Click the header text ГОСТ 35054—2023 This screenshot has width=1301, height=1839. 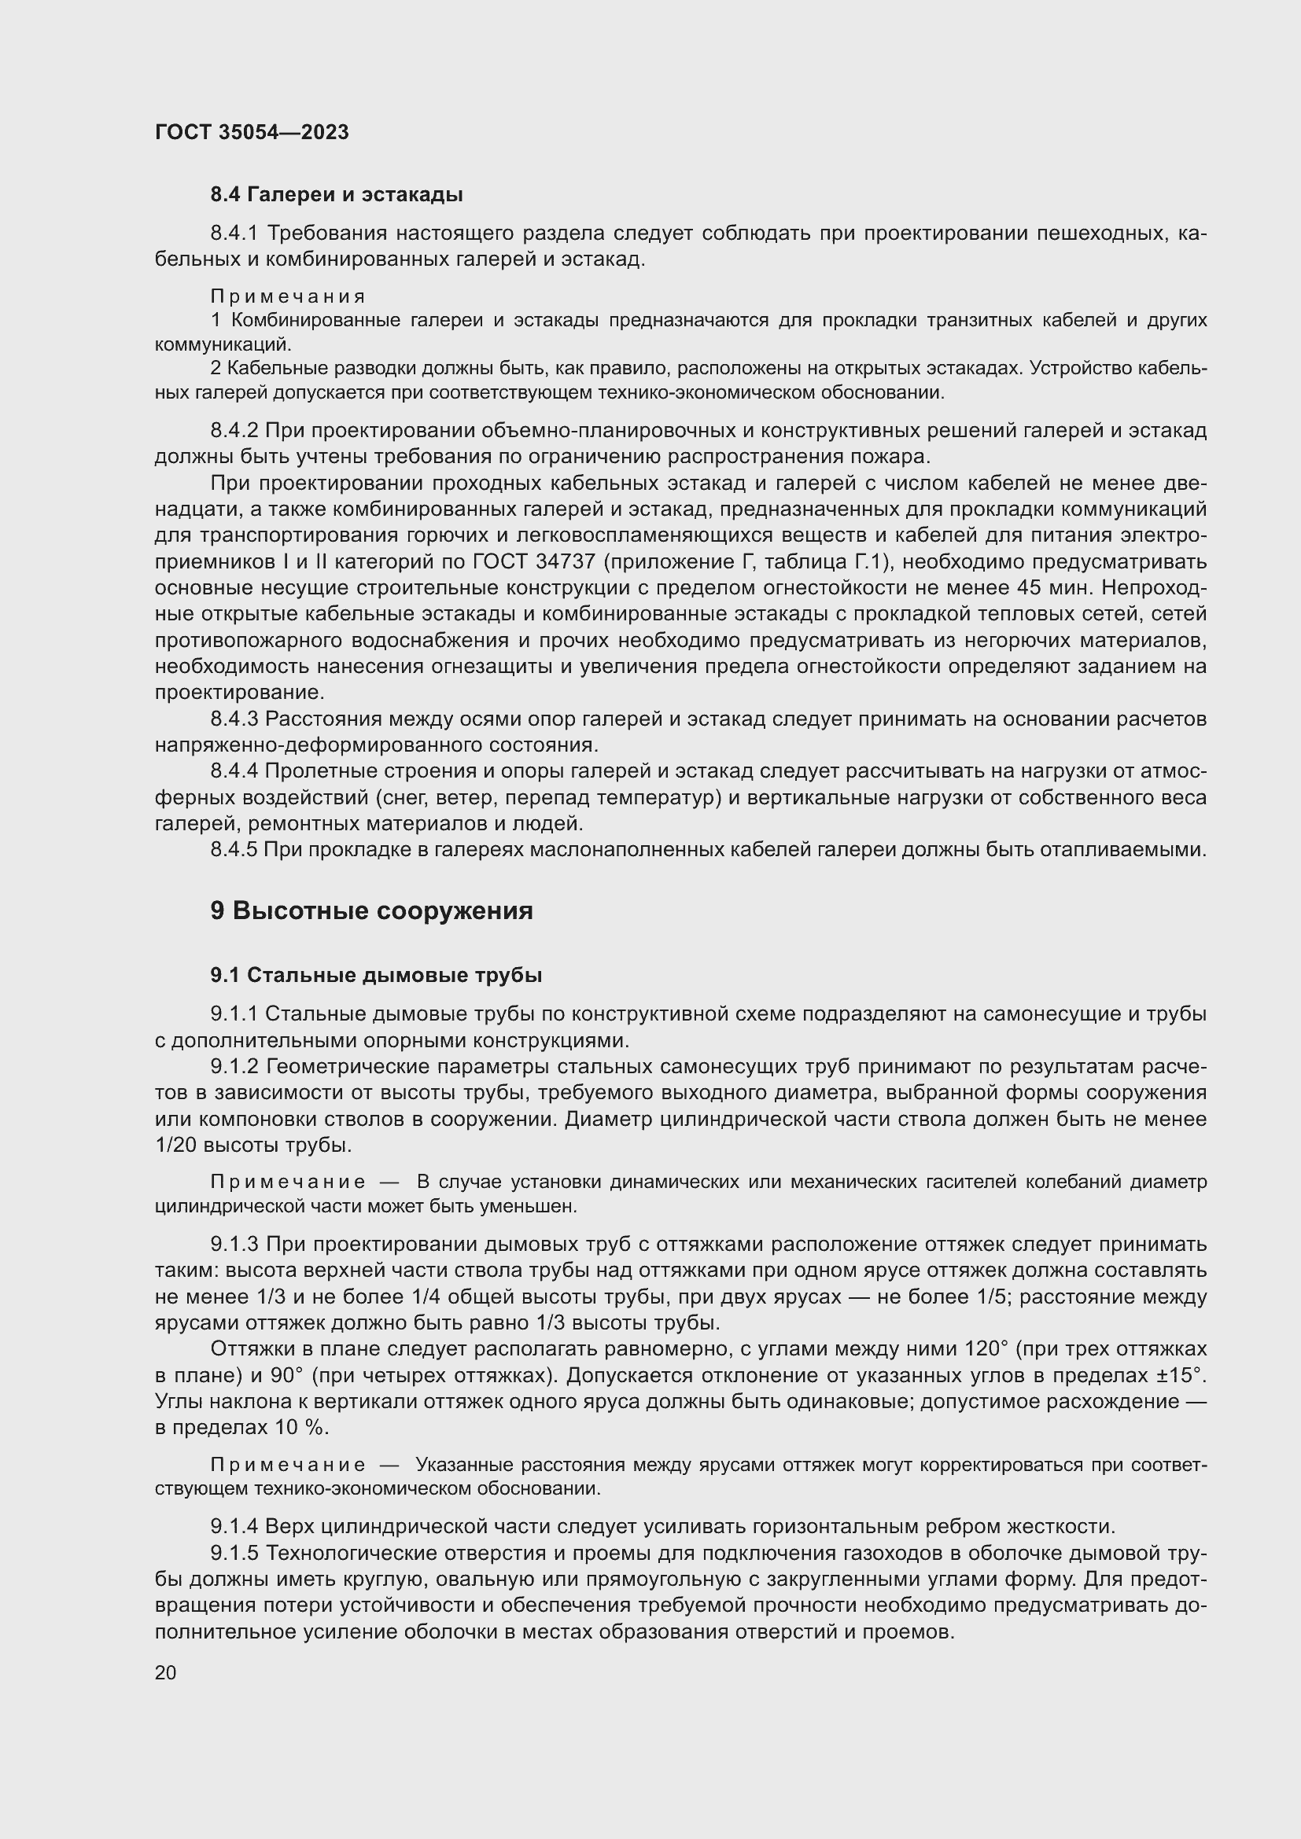252,132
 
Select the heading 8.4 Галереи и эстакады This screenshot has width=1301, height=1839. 337,195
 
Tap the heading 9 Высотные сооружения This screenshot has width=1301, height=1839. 371,910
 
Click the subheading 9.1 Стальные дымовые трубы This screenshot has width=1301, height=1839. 376,975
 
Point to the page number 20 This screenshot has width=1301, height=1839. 165,1672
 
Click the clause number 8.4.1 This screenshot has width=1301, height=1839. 234,233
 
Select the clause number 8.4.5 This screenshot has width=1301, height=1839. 234,850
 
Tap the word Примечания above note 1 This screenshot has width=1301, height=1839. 288,296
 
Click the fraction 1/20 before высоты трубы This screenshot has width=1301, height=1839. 176,1145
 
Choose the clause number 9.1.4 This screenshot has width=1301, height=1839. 234,1526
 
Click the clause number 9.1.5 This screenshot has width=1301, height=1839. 234,1553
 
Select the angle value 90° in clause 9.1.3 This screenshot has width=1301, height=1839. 287,1375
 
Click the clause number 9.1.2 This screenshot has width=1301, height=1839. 234,1066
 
